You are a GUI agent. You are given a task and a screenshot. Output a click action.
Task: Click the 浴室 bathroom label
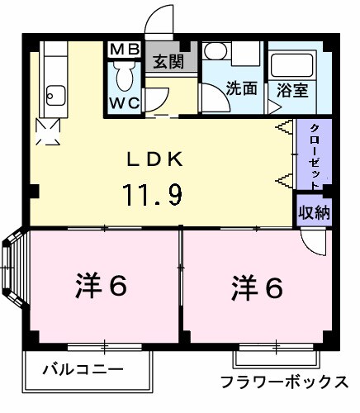pyautogui.click(x=292, y=88)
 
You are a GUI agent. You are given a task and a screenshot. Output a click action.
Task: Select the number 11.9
pyautogui.click(x=153, y=194)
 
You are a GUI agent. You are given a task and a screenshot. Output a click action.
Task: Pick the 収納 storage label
pyautogui.click(x=315, y=211)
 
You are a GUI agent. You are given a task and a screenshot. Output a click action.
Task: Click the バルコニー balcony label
pyautogui.click(x=83, y=368)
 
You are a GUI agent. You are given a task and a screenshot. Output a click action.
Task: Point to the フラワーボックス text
pyautogui.click(x=283, y=382)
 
